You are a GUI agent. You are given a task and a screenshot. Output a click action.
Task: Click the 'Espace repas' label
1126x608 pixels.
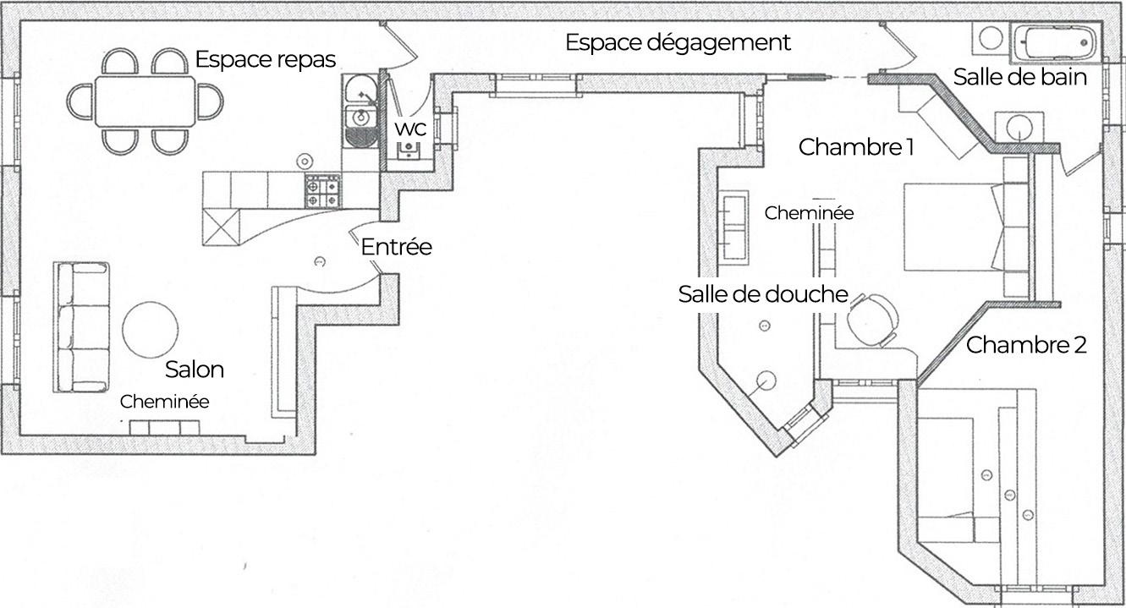[266, 60]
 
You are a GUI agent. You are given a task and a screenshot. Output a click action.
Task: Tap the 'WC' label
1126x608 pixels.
[409, 130]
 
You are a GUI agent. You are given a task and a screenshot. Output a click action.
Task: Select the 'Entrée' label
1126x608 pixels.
[396, 248]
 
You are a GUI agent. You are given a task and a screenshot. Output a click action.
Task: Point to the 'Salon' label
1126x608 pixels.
[195, 370]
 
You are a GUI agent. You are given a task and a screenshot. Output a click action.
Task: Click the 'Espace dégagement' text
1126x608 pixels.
[678, 42]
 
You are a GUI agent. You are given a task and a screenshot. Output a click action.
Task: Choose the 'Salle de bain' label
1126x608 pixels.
[1019, 77]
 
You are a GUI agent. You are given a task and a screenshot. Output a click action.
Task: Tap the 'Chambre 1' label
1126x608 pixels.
[856, 147]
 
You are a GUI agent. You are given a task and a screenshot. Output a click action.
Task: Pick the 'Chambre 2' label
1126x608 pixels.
[1026, 345]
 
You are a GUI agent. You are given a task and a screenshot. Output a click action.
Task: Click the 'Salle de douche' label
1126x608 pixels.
[762, 294]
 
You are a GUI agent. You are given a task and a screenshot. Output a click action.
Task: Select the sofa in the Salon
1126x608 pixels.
[82, 327]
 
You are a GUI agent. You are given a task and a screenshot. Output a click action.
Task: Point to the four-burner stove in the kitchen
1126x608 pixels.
[322, 191]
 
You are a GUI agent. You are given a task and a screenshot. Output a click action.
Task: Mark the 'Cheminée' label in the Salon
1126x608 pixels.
[164, 403]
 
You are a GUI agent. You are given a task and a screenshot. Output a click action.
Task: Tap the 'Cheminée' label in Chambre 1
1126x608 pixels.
[809, 214]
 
